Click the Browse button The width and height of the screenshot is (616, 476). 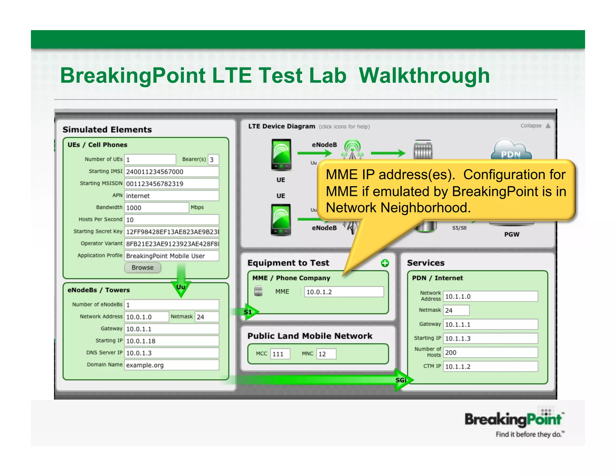click(x=143, y=267)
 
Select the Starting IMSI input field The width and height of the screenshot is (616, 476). click(x=171, y=172)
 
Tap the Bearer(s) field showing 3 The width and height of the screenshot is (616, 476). click(x=213, y=159)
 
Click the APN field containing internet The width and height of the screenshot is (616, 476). click(x=171, y=196)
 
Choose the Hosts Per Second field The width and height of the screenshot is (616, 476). click(x=171, y=220)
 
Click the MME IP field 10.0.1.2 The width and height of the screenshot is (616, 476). click(x=344, y=292)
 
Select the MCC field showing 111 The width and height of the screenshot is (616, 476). click(x=280, y=354)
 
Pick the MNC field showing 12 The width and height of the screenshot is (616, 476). click(x=326, y=354)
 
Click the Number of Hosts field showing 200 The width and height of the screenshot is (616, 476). click(x=490, y=352)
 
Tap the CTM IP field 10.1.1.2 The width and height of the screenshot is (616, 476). click(x=490, y=366)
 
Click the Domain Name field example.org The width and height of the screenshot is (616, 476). click(x=171, y=365)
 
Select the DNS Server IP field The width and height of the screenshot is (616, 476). click(x=171, y=353)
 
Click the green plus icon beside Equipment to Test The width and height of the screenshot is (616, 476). click(x=385, y=263)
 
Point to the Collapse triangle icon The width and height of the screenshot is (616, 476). click(x=548, y=126)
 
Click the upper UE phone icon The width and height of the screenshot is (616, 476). click(x=281, y=154)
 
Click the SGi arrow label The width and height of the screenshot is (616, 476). click(x=401, y=380)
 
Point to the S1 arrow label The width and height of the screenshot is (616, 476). click(x=248, y=312)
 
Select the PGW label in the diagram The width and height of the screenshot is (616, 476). click(x=512, y=234)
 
